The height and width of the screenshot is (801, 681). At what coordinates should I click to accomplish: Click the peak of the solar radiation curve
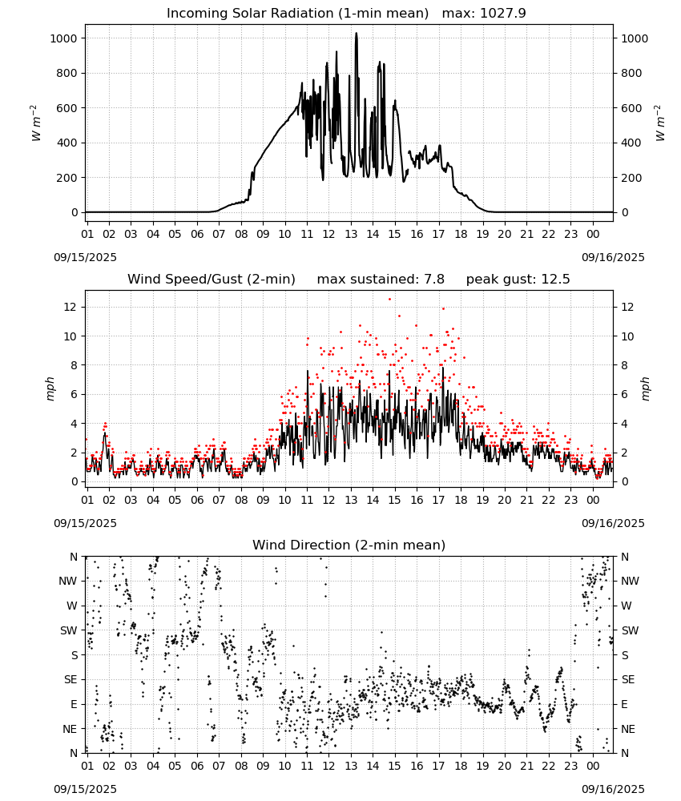point(356,33)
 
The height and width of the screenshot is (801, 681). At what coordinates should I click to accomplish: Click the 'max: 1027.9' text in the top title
point(484,13)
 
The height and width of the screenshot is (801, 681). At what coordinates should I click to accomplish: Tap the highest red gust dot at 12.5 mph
point(390,300)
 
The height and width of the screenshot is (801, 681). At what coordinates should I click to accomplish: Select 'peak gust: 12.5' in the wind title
point(518,279)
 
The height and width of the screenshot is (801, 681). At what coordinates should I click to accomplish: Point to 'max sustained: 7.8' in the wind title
point(381,279)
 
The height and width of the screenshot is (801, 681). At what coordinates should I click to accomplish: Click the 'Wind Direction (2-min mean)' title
point(349,545)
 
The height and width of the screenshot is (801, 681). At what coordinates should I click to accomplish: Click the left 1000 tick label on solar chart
point(63,38)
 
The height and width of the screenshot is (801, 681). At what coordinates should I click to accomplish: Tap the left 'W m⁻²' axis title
point(34,123)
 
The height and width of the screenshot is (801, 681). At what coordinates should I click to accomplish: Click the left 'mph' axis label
point(50,388)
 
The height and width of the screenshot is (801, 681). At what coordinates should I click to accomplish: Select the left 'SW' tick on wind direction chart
point(69,630)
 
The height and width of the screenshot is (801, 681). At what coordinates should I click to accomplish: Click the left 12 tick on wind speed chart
point(71,307)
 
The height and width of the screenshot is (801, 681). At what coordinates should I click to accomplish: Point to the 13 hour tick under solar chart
point(351,234)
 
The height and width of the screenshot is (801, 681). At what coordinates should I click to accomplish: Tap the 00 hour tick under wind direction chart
point(593,766)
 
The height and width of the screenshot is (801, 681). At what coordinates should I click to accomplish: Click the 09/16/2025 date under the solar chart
point(613,257)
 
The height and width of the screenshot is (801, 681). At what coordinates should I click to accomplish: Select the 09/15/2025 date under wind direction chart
point(85,789)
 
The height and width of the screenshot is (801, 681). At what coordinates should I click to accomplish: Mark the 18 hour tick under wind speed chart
point(461,500)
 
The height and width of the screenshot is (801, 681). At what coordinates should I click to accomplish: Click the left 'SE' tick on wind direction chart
point(71,679)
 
